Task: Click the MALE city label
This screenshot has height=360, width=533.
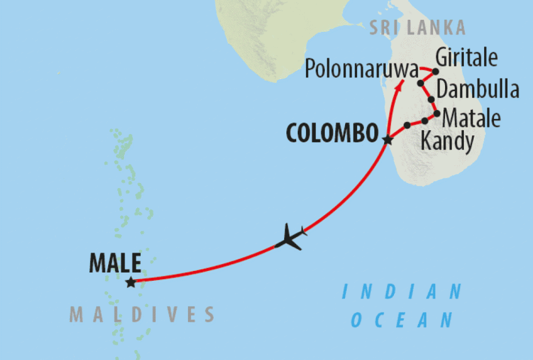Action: point(115,264)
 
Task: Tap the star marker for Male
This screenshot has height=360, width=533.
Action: point(130,283)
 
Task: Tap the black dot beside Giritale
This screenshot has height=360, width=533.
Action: point(435,71)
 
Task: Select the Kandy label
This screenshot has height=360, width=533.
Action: point(447,141)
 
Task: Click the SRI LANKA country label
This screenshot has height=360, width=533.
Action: point(418,27)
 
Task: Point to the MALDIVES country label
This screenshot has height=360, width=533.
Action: point(141,314)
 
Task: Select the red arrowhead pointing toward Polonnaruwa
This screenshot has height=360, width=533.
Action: point(401,83)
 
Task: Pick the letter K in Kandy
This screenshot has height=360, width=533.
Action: point(426,141)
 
